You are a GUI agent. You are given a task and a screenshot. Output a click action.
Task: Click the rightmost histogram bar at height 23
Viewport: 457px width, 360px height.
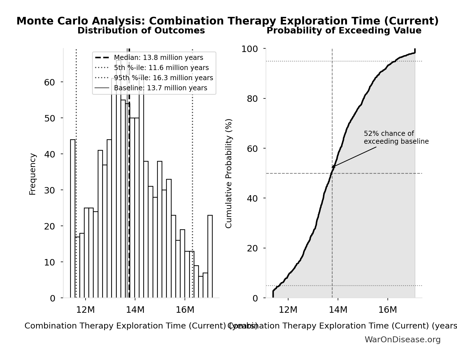coord(210,256)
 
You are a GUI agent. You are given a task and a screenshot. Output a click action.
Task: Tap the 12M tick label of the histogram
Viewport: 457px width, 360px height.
coord(86,310)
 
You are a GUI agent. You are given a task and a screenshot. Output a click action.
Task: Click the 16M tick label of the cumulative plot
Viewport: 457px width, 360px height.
coord(387,310)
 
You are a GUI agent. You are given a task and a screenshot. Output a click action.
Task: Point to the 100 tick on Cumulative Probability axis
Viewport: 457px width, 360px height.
coord(249,49)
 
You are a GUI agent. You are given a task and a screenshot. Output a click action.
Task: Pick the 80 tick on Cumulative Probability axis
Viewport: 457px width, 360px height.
coord(252,99)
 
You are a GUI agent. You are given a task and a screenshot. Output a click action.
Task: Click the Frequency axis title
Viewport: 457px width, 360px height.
coord(33,174)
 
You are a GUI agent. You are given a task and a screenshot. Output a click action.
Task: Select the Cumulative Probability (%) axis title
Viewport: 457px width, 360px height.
coord(229,173)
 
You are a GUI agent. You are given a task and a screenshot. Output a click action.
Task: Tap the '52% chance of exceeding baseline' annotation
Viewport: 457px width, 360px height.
coord(396,138)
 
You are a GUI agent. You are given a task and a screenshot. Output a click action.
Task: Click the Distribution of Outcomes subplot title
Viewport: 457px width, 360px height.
coord(141,31)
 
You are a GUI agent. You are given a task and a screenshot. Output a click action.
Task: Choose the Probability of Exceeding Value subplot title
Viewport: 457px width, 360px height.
coord(344,31)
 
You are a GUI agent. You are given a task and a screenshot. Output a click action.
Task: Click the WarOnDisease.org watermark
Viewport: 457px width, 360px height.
coord(402,340)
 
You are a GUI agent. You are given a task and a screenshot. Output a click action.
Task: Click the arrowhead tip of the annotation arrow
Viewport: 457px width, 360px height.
coord(332,168)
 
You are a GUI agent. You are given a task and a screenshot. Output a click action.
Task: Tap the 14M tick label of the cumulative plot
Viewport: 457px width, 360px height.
coord(338,310)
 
